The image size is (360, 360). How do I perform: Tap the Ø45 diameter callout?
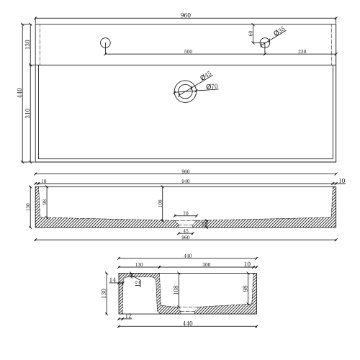tap(204, 75)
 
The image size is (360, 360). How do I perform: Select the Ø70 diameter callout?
tap(212, 87)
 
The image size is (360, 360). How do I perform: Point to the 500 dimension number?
tap(188, 51)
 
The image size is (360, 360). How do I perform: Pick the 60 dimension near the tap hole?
tap(251, 33)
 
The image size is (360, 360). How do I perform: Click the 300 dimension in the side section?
tap(207, 265)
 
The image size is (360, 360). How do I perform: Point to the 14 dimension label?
tap(112, 279)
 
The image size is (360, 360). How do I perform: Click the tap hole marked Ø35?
tap(264, 43)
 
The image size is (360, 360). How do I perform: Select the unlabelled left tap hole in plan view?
tap(106, 42)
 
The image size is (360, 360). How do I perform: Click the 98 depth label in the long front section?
tap(45, 202)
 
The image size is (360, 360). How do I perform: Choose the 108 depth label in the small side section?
tap(175, 291)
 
